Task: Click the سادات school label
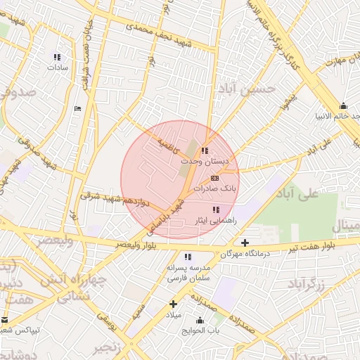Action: point(56,68)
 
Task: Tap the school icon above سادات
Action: point(56,57)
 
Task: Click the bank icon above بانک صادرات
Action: point(214,178)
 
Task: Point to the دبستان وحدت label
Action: point(205,162)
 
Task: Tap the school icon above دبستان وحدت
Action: point(205,150)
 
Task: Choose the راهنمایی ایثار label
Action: point(215,221)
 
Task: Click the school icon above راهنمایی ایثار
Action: point(216,210)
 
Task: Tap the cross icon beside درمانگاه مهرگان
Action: point(245,243)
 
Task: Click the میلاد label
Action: point(173,315)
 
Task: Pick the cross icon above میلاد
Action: point(173,304)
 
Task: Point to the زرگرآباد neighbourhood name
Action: point(307,283)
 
